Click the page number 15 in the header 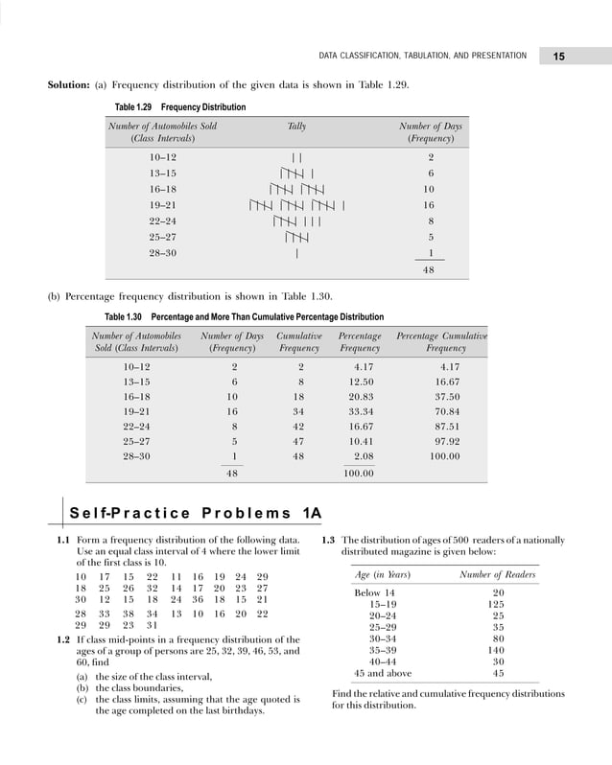[559, 57]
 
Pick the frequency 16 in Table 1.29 [429, 205]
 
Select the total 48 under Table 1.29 [429, 270]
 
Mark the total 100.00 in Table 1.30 [360, 474]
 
